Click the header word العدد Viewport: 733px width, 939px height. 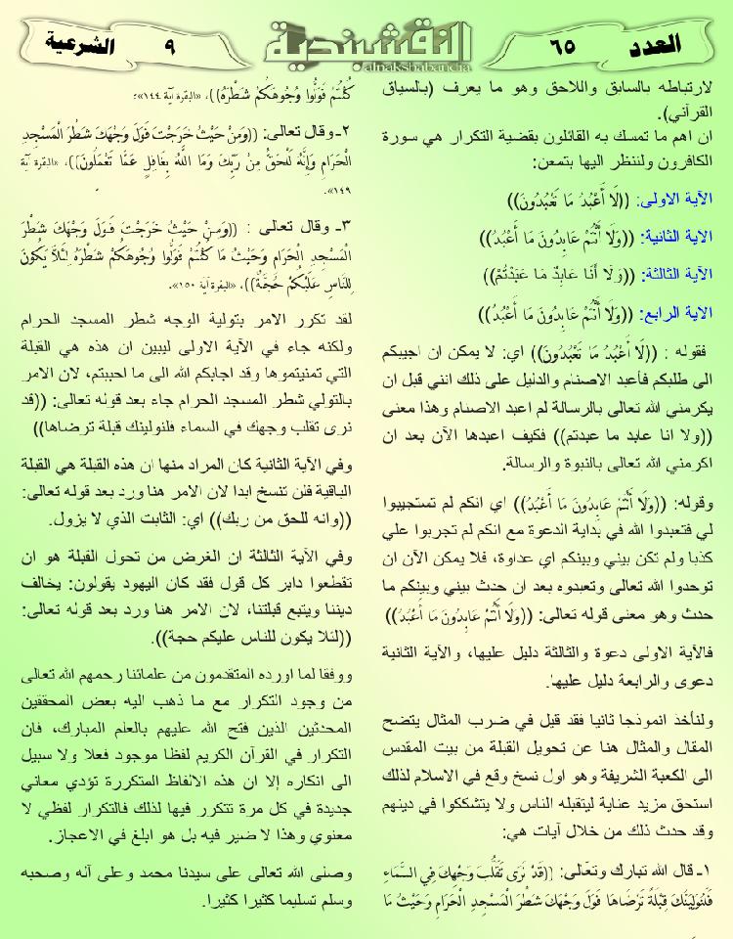coord(674,44)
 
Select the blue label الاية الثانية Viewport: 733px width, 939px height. coord(675,237)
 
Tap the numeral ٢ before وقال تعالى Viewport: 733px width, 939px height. coord(345,129)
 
